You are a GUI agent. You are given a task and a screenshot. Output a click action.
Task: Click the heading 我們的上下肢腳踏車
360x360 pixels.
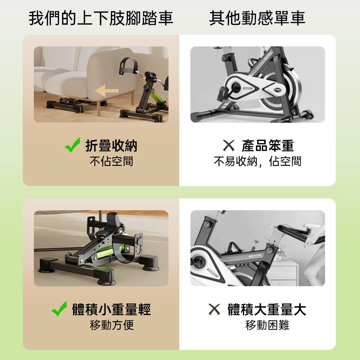pyautogui.click(x=101, y=18)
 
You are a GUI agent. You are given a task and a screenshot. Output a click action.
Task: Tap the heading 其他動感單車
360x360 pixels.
pyautogui.click(x=257, y=18)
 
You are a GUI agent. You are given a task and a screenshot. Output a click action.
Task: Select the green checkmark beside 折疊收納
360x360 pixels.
pyautogui.click(x=73, y=145)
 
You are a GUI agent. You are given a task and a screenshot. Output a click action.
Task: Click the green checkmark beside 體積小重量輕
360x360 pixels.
pyautogui.click(x=59, y=309)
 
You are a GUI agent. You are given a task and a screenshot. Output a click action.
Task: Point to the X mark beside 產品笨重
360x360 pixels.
pyautogui.click(x=229, y=145)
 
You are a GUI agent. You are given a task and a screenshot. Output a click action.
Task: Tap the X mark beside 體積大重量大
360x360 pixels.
pyautogui.click(x=214, y=309)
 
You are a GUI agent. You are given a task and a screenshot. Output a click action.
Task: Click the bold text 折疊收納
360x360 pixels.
pyautogui.click(x=111, y=145)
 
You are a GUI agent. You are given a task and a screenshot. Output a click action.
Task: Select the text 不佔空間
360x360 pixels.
pyautogui.click(x=111, y=161)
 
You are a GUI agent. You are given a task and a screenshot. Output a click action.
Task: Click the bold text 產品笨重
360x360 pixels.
pyautogui.click(x=268, y=145)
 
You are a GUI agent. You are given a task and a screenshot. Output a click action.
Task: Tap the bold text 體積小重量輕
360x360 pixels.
pyautogui.click(x=111, y=309)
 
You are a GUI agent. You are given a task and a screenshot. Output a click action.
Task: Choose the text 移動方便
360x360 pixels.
pyautogui.click(x=112, y=325)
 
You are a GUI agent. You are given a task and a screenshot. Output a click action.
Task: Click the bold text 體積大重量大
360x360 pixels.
pyautogui.click(x=267, y=309)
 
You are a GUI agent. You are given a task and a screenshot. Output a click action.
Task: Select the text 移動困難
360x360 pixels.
pyautogui.click(x=267, y=325)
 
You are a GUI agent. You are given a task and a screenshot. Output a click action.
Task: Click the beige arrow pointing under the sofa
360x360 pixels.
pyautogui.click(x=107, y=90)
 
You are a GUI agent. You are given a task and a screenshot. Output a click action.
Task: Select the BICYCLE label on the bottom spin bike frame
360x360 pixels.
pyautogui.click(x=255, y=256)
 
